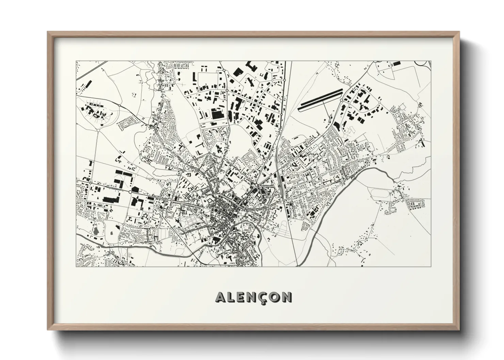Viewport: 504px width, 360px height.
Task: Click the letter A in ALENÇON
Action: pyautogui.click(x=220, y=297)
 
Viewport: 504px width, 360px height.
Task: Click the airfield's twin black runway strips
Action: pyautogui.click(x=320, y=100)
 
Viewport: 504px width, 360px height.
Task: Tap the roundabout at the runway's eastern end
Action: pyautogui.click(x=342, y=100)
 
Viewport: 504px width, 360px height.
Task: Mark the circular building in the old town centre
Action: pyautogui.click(x=216, y=211)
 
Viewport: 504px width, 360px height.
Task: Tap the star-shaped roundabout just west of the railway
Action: pyautogui.click(x=256, y=185)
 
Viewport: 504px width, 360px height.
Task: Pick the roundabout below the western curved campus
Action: pyautogui.click(x=98, y=130)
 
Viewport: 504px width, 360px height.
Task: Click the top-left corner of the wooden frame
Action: pyautogui.click(x=48, y=32)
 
